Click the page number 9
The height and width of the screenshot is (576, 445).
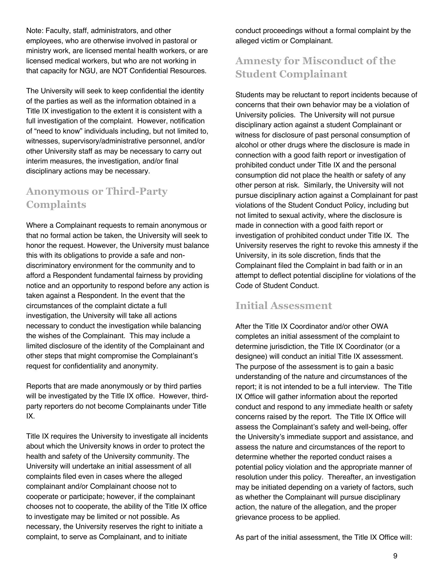pos(395,556)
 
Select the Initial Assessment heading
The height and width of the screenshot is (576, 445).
pos(283,306)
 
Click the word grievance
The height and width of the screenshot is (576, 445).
pos(249,517)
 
